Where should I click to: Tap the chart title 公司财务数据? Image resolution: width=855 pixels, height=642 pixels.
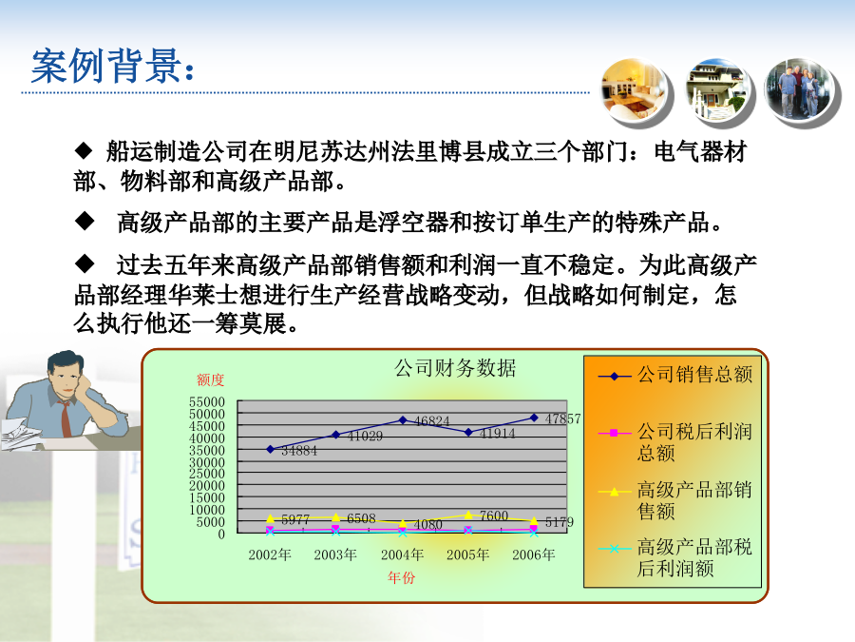pyautogui.click(x=455, y=368)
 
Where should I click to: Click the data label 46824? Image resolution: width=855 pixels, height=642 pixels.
pyautogui.click(x=432, y=421)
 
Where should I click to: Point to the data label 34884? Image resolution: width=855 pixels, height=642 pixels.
pyautogui.click(x=299, y=451)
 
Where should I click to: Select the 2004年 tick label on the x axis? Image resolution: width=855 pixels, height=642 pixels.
pyautogui.click(x=403, y=555)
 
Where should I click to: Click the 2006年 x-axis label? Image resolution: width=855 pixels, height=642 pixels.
pyautogui.click(x=534, y=555)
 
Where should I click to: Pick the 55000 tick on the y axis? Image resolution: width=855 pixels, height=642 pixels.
pyautogui.click(x=207, y=402)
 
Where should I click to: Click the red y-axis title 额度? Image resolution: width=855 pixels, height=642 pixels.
pyautogui.click(x=211, y=379)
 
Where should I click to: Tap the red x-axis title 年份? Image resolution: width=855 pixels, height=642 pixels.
pyautogui.click(x=401, y=577)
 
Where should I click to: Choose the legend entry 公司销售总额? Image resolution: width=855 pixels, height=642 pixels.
pyautogui.click(x=675, y=375)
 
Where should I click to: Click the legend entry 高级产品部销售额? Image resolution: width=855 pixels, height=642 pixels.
pyautogui.click(x=675, y=500)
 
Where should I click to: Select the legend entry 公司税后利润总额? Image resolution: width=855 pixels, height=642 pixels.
pyautogui.click(x=675, y=442)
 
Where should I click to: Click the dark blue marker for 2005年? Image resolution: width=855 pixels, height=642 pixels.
pyautogui.click(x=467, y=433)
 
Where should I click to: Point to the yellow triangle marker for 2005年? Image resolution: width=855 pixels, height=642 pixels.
pyautogui.click(x=468, y=515)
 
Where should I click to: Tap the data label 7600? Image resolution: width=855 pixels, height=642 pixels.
pyautogui.click(x=494, y=516)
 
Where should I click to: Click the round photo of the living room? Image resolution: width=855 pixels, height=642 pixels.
pyautogui.click(x=635, y=89)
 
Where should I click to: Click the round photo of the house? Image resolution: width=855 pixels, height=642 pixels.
pyautogui.click(x=716, y=89)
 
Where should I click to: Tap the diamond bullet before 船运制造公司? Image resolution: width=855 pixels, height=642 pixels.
pyautogui.click(x=84, y=150)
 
